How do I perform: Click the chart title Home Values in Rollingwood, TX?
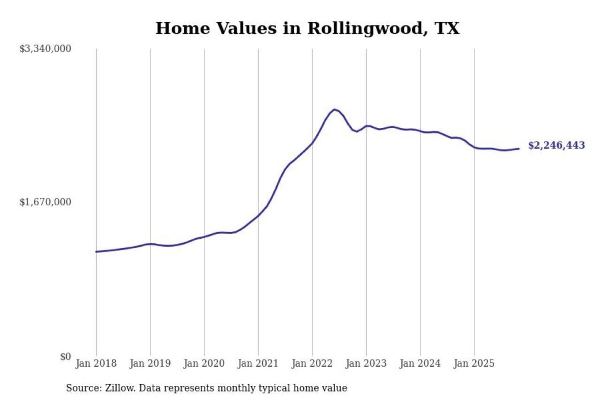[x=307, y=28]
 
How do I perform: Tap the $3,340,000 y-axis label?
[x=45, y=49]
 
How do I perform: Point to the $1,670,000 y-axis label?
[x=45, y=202]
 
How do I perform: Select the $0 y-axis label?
[x=65, y=357]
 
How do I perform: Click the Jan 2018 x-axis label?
[x=96, y=363]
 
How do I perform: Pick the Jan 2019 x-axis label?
[x=150, y=363]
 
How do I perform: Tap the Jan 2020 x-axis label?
[x=204, y=363]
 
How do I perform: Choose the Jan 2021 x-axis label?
[x=258, y=363]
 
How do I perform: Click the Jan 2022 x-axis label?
[x=312, y=363]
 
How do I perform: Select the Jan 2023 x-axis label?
[x=366, y=363]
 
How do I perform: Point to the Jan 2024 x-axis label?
[x=420, y=363]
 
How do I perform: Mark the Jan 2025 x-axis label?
[x=474, y=363]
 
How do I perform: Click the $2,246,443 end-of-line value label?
[x=556, y=145]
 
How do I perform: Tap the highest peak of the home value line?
[x=334, y=110]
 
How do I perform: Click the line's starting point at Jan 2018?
[x=96, y=252]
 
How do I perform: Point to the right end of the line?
[x=519, y=149]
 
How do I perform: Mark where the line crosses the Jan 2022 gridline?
[x=312, y=143]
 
